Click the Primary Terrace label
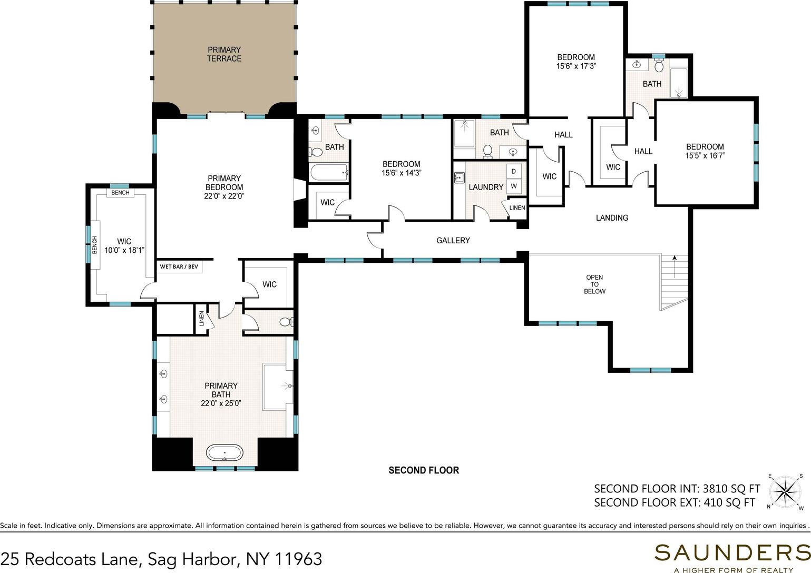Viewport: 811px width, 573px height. [x=224, y=54]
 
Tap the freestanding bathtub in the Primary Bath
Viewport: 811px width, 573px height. [x=224, y=452]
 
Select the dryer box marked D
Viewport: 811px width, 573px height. [x=513, y=171]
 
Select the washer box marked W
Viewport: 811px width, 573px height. [x=513, y=186]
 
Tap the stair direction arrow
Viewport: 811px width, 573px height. [x=675, y=266]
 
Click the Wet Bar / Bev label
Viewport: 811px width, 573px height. [x=179, y=266]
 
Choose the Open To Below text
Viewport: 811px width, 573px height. [x=594, y=284]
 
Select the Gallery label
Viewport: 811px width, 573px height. [x=453, y=241]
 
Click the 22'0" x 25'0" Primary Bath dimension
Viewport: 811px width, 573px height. [x=221, y=403]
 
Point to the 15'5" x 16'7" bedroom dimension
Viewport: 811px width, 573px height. [x=705, y=155]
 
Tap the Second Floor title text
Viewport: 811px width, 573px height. [x=424, y=470]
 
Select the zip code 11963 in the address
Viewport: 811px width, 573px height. [x=299, y=559]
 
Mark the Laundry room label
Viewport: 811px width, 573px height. [x=486, y=187]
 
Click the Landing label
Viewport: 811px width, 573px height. [x=612, y=218]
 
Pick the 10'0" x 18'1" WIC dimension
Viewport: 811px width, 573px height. [x=124, y=250]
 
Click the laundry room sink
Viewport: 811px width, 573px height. [x=460, y=178]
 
